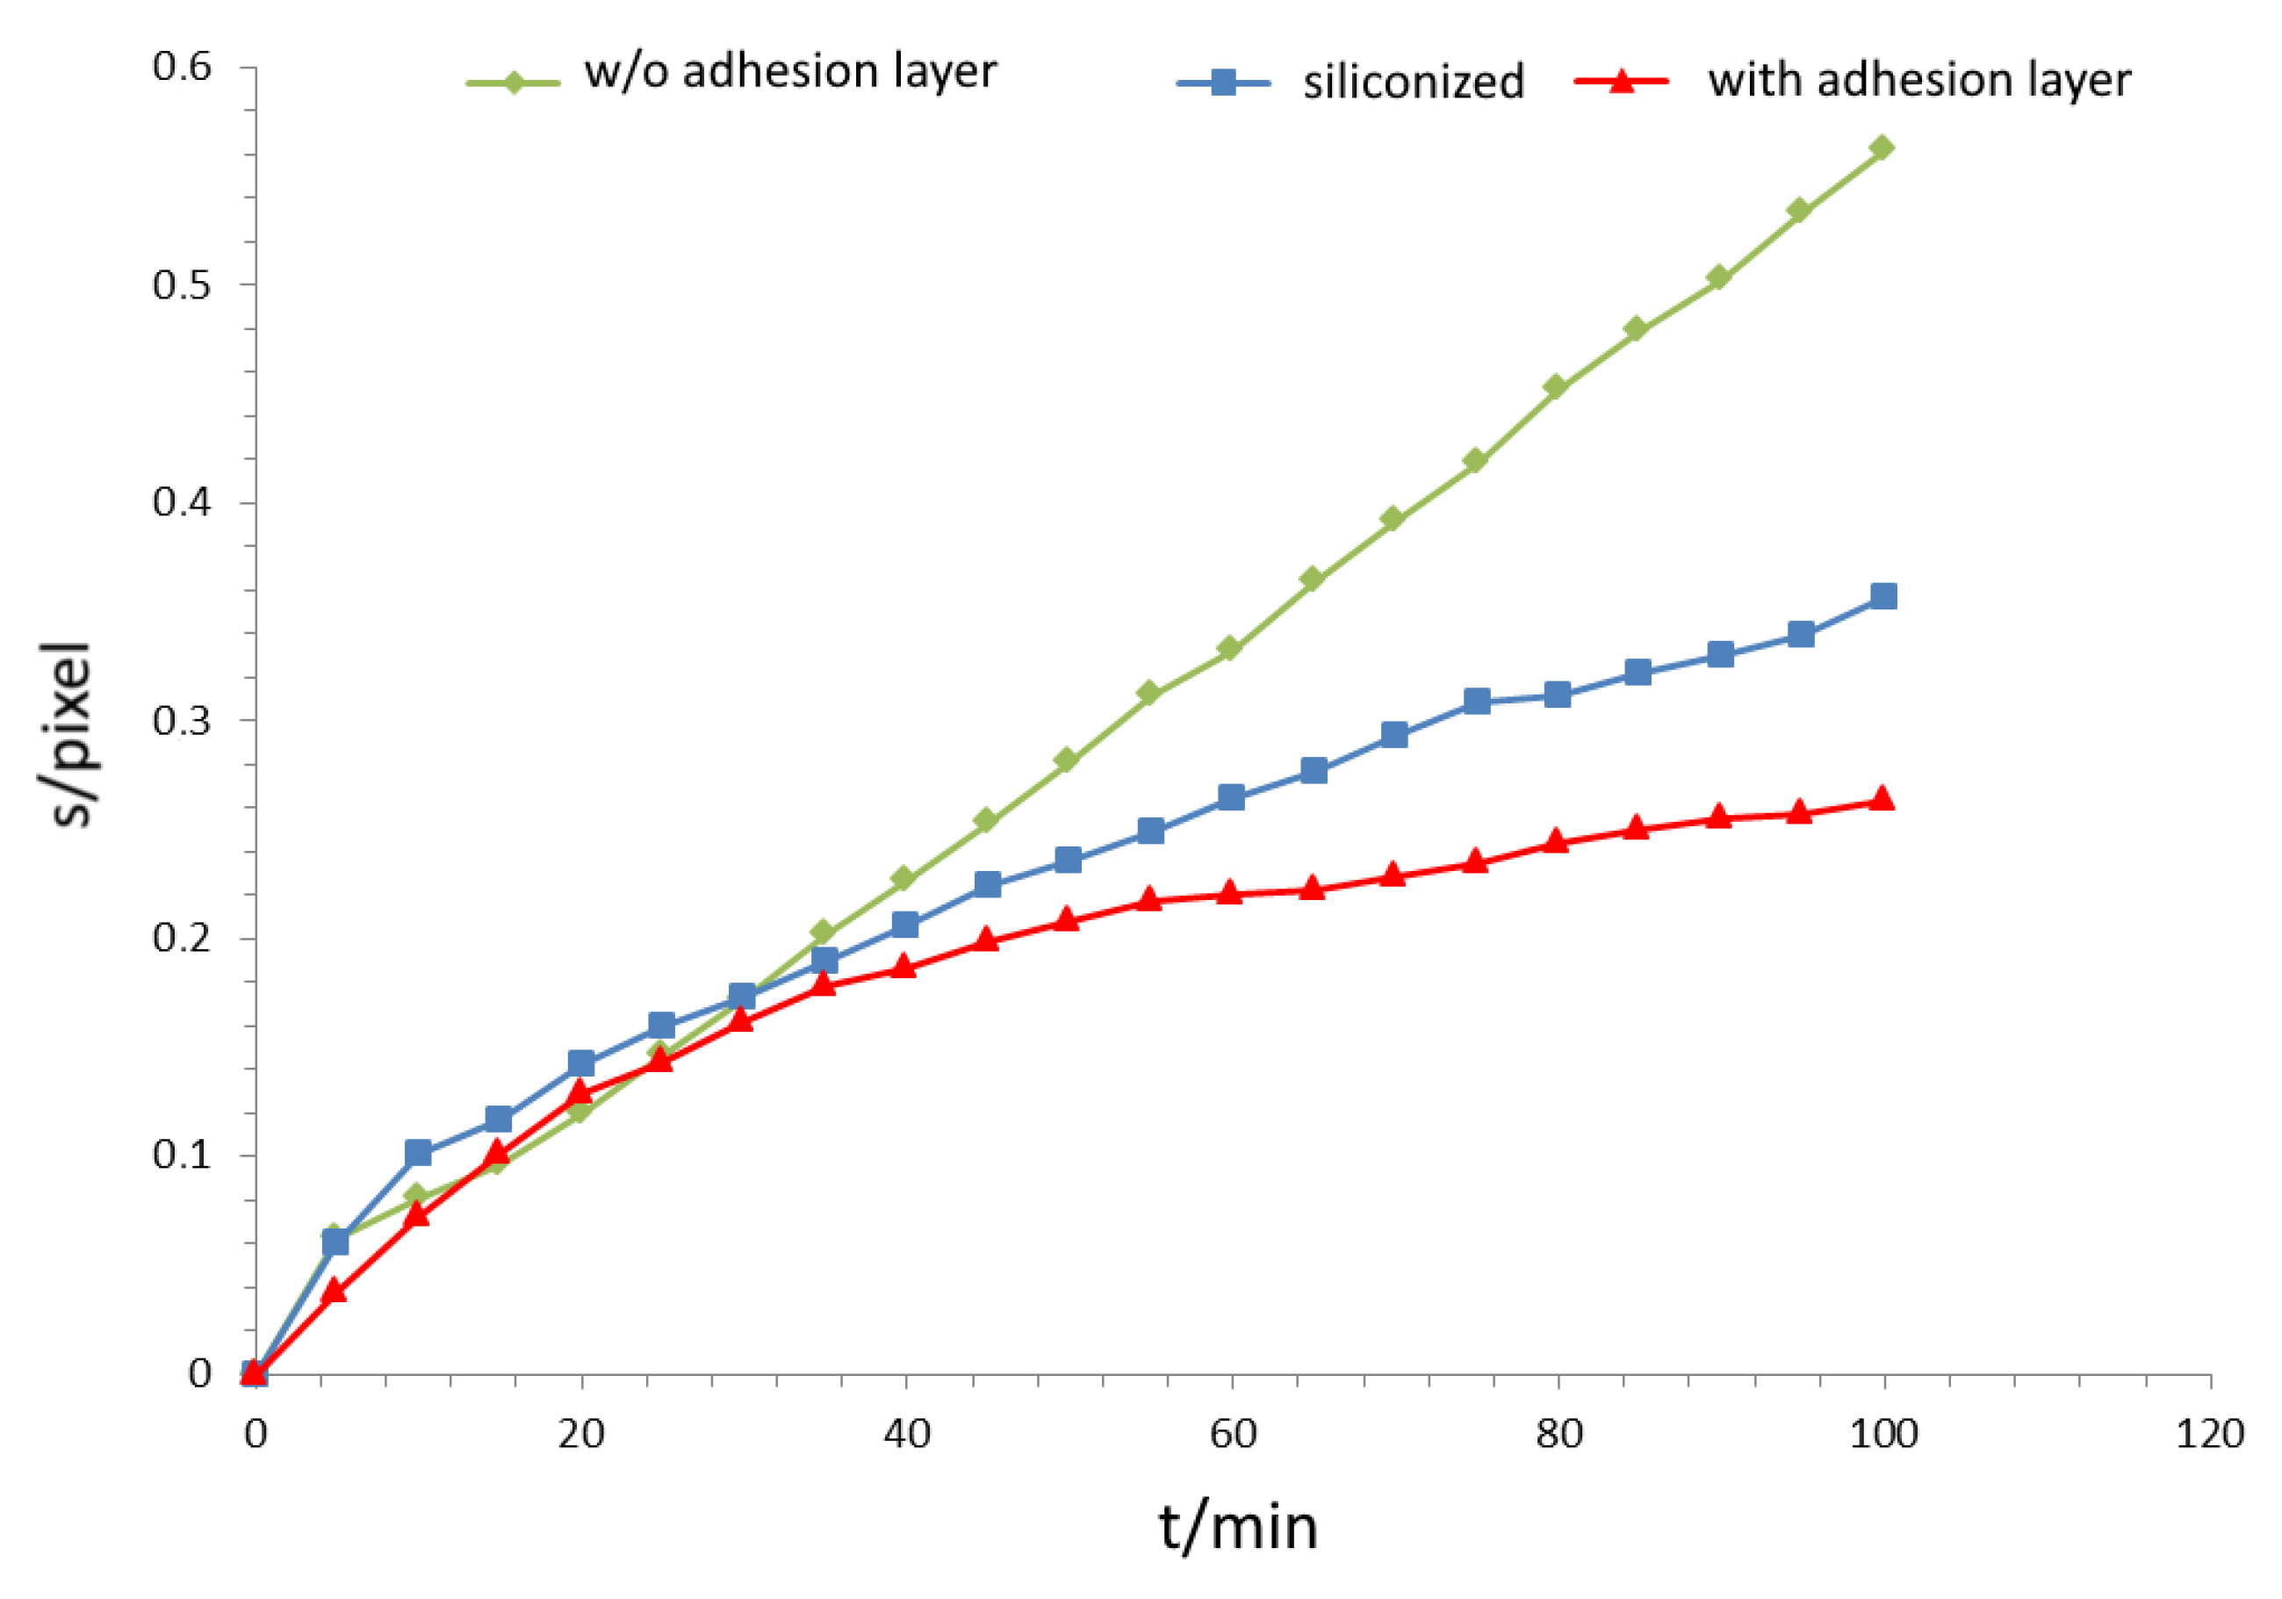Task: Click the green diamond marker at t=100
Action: (x=1882, y=148)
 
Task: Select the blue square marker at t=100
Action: (x=1883, y=596)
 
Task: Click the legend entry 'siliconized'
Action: (x=1414, y=82)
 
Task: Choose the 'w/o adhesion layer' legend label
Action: (x=790, y=71)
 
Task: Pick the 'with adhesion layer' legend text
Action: (x=1919, y=80)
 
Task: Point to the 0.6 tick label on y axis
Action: (x=182, y=67)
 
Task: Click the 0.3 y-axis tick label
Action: (x=182, y=719)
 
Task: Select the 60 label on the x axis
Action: (x=1233, y=1434)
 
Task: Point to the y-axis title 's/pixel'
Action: (x=72, y=736)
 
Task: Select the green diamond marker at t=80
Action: (x=1557, y=386)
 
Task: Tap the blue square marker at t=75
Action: (x=1477, y=701)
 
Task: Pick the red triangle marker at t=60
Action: (x=1230, y=892)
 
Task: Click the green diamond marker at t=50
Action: (x=1067, y=760)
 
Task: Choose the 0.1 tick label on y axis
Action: (x=182, y=1155)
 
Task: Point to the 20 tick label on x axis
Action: (x=580, y=1434)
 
